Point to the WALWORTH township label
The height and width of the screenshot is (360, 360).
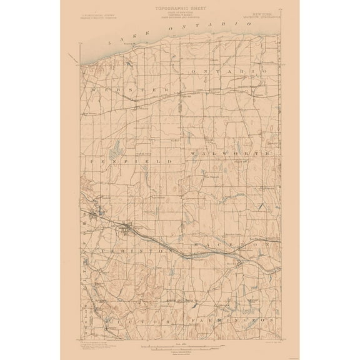[229, 152]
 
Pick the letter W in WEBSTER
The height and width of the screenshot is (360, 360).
[93, 89]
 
